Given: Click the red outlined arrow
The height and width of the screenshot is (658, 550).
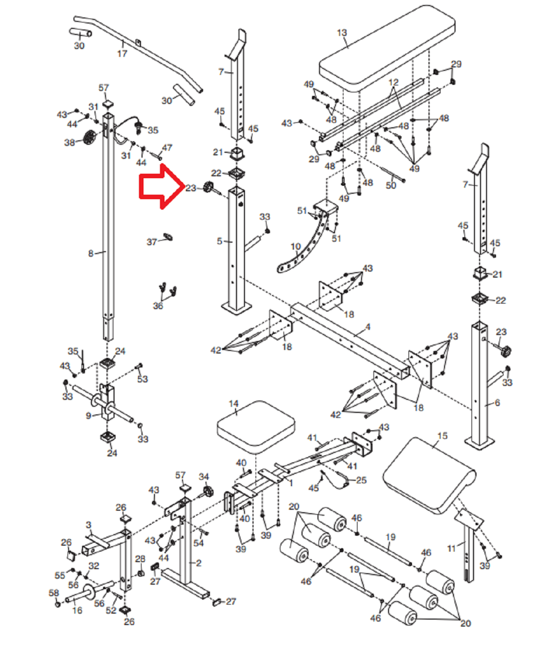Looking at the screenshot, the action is point(161,187).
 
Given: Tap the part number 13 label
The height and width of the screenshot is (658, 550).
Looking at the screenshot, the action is point(342,33).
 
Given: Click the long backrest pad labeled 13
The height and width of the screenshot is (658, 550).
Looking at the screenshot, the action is point(387,49).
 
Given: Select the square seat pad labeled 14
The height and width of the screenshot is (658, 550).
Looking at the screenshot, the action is point(255,427).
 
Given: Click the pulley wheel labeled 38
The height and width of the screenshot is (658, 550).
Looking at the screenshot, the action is point(90,137).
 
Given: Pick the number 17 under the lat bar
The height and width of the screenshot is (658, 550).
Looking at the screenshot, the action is point(122,53).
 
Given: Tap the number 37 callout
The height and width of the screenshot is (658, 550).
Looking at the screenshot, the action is point(152,242).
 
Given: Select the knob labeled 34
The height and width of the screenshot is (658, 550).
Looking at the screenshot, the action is point(207,491).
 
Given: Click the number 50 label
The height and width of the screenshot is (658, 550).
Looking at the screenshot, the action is point(391,185).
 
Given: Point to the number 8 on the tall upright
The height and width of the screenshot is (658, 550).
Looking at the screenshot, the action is point(90,254).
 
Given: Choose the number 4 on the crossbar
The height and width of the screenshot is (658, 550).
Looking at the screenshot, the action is point(367,327).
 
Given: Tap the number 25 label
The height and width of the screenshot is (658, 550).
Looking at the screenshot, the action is point(361,480).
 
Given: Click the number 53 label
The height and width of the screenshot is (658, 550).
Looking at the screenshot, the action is point(142,379).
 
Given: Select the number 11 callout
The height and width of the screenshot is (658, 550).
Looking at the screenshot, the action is point(451,548).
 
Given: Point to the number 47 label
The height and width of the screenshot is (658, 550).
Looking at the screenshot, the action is point(167,147).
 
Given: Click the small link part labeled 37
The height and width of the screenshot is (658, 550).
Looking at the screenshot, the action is point(168,236).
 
